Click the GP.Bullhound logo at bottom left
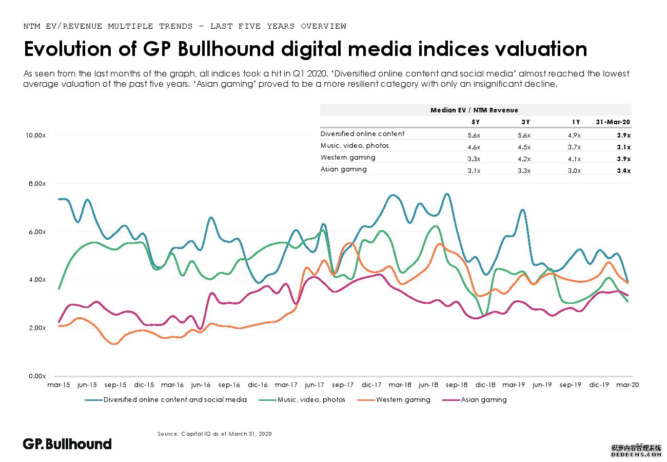point(67,444)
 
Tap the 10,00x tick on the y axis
point(36,136)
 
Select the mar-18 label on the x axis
point(401,384)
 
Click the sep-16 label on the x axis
point(229,384)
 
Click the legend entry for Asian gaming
point(483,399)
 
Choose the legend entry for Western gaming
point(403,399)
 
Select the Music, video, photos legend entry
point(311,399)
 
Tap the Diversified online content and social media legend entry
point(174,399)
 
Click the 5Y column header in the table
point(475,122)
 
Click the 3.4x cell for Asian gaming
point(623,170)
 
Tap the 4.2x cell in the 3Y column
point(524,159)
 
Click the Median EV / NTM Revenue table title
point(474,110)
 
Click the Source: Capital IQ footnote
point(214,434)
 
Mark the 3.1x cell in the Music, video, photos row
point(623,147)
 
